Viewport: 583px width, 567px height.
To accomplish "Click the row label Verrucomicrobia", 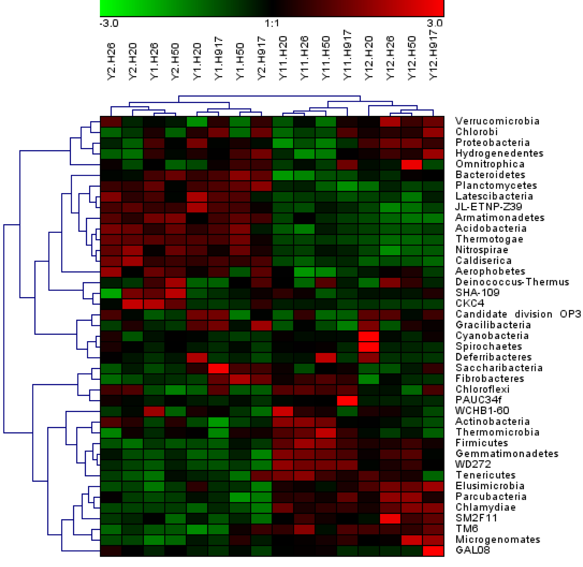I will click(497, 121).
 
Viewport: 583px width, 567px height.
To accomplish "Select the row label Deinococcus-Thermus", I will click(512, 282).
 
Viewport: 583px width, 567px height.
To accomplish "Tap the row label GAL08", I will click(472, 550).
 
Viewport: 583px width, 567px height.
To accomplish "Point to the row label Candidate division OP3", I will click(518, 314).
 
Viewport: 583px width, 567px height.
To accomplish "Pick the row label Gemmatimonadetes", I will click(506, 454).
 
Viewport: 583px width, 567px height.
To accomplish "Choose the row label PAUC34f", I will click(478, 400).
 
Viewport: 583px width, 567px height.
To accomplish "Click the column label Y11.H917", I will click(347, 55).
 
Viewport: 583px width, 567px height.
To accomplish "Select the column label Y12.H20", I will click(369, 58).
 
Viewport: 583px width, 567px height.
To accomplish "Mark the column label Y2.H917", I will click(262, 58).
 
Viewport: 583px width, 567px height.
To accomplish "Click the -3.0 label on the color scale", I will click(109, 23).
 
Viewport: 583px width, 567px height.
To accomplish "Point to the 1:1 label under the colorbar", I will click(272, 23).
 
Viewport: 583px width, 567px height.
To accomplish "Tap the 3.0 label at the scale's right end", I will click(435, 23).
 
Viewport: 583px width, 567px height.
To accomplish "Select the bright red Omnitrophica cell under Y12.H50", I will click(412, 164).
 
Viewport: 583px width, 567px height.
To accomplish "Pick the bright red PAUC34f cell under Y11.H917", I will click(347, 400).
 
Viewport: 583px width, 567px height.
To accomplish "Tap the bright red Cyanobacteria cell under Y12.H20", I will click(369, 336).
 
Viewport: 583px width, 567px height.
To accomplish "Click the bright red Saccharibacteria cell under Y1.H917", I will click(218, 368).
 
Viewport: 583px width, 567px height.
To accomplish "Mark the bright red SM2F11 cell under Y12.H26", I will click(390, 518).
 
